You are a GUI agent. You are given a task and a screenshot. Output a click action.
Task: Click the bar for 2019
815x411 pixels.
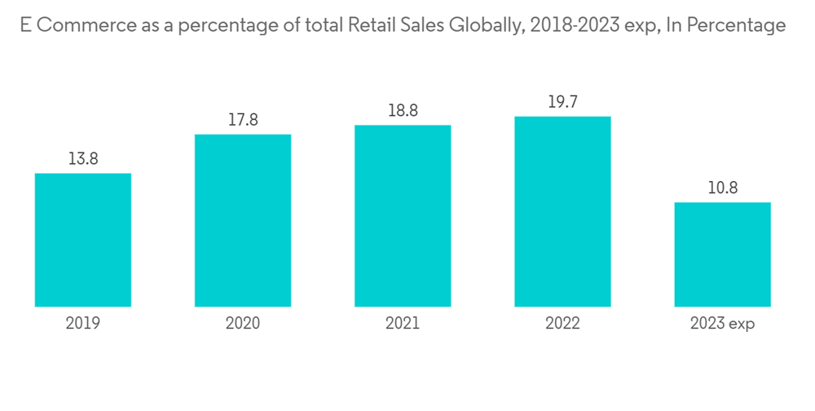(83, 240)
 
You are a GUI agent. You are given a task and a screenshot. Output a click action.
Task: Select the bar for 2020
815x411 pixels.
(243, 220)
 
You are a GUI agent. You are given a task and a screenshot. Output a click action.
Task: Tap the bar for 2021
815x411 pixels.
(403, 215)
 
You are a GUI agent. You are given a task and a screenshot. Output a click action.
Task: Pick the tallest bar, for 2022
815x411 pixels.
(562, 211)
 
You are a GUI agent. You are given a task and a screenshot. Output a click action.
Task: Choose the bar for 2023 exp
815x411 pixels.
(722, 254)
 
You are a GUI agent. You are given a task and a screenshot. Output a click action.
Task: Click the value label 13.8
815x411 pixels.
(83, 159)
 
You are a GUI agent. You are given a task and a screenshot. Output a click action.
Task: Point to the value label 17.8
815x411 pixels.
(243, 120)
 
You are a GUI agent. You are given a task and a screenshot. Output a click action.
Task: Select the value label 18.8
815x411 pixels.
(403, 111)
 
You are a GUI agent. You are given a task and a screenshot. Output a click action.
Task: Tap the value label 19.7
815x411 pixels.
(562, 102)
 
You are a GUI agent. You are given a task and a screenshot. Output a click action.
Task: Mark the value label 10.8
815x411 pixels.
(722, 188)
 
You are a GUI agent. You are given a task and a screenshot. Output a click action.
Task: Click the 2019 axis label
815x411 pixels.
(83, 324)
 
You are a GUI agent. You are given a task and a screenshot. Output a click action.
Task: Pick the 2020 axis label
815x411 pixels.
(243, 324)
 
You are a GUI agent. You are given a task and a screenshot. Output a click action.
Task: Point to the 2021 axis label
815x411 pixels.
(403, 324)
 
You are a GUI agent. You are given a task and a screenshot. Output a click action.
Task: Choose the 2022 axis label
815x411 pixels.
(562, 324)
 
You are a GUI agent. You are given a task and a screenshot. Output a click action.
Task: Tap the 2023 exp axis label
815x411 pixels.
(722, 324)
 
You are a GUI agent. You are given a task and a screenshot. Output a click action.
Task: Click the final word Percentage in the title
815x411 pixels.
(737, 26)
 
